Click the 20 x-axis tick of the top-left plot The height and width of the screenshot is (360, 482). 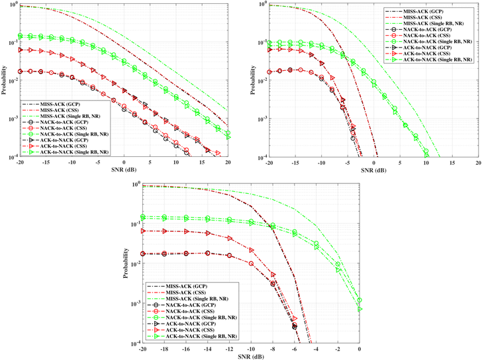[x=228, y=162]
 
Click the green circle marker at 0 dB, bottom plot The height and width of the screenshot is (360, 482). [x=360, y=300]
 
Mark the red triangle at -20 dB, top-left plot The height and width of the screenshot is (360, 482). [x=21, y=50]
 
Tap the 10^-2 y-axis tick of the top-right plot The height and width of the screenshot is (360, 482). [x=260, y=80]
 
